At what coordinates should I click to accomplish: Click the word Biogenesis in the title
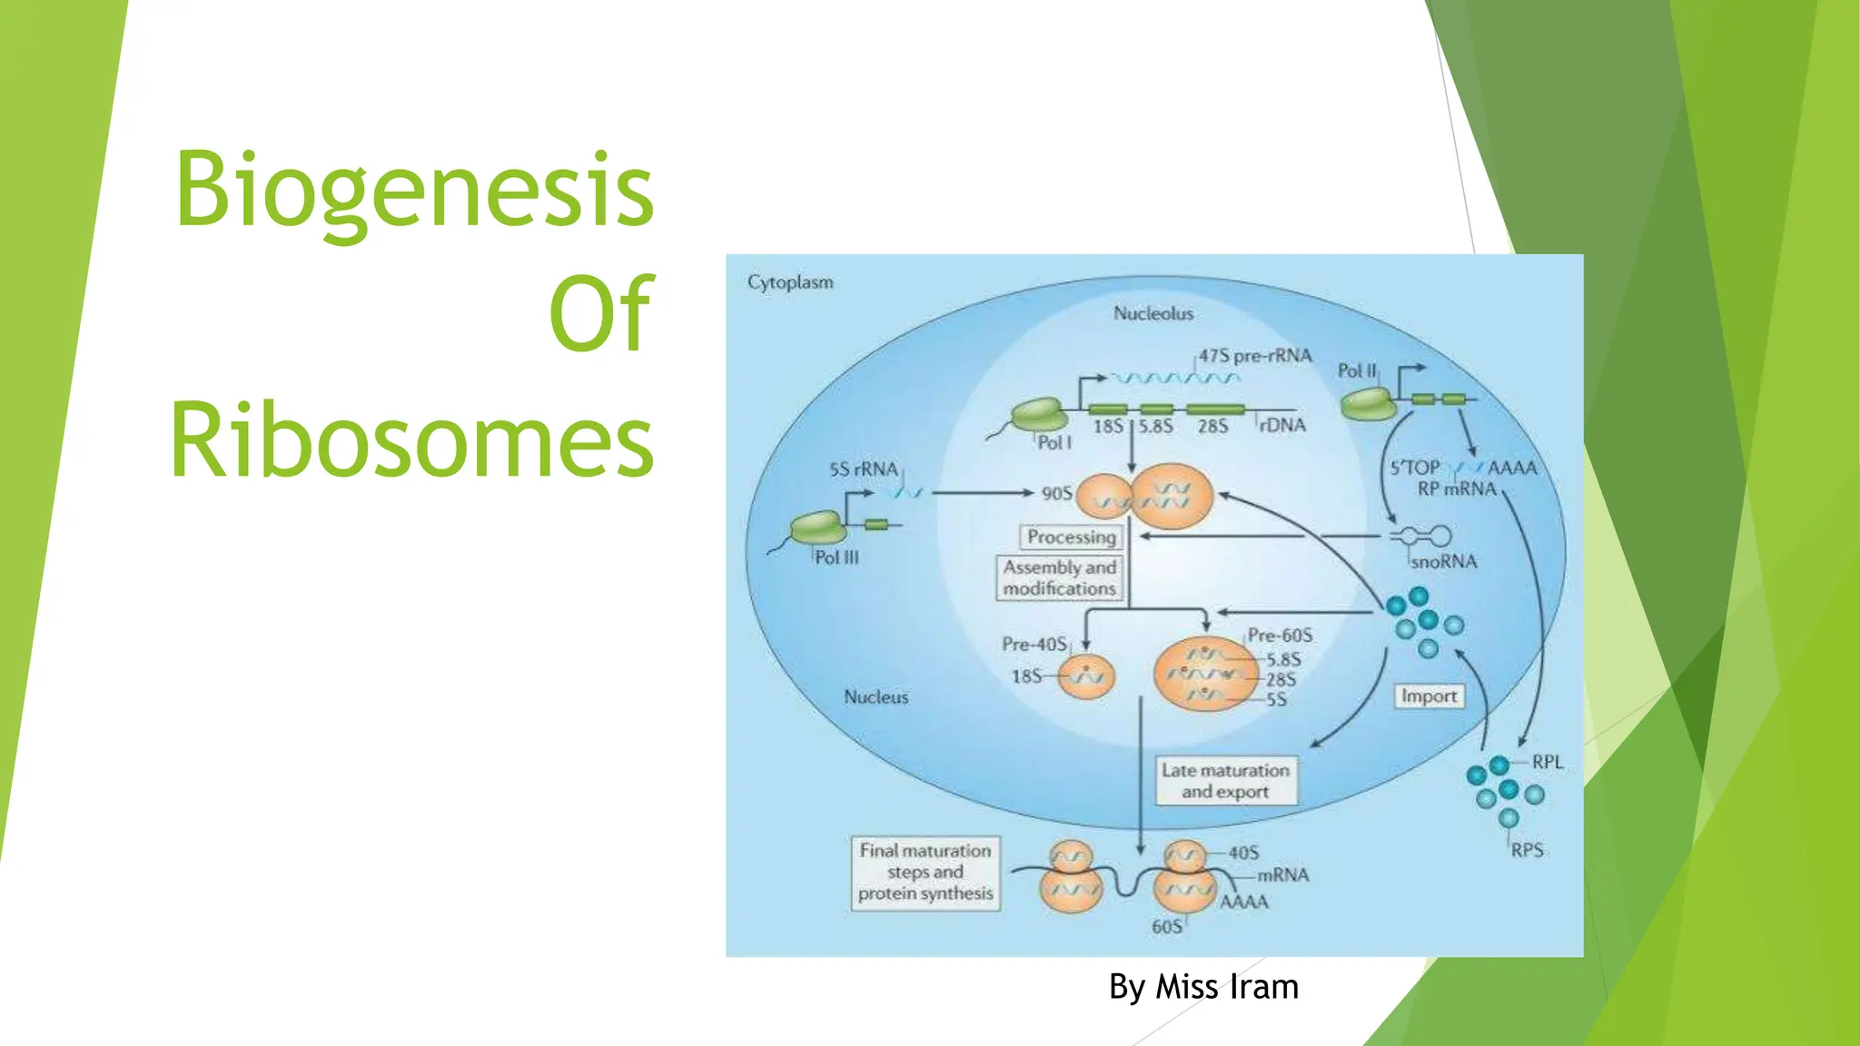coord(414,190)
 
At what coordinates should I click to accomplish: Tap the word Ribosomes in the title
coord(412,440)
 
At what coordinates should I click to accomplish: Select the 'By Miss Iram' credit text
coord(1203,987)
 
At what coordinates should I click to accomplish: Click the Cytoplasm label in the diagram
coord(790,282)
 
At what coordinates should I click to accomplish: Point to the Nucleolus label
coord(1153,313)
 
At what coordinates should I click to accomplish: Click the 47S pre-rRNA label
coord(1255,356)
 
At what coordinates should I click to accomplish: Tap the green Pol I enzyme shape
coord(1039,415)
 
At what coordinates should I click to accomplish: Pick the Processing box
coord(1071,538)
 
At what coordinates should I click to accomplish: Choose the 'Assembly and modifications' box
coord(1059,578)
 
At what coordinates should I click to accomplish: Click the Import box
coord(1429,696)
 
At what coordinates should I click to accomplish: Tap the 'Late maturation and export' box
coord(1225,781)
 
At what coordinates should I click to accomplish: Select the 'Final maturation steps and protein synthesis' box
coord(925,873)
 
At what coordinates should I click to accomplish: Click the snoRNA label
coord(1444,562)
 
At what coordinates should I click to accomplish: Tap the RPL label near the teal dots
coord(1548,763)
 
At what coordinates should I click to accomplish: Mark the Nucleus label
coord(876,697)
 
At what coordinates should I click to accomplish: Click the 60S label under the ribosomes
coord(1167,927)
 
